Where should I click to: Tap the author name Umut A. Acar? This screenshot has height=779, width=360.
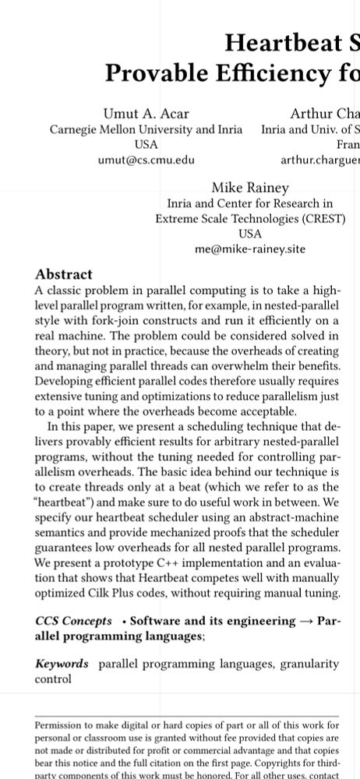coord(146,114)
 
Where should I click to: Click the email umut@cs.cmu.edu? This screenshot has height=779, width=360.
coord(146,160)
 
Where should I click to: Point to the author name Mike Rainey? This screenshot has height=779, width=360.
coord(249,188)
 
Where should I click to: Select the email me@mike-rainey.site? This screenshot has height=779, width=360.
coord(249,249)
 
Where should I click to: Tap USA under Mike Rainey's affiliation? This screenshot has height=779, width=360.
coord(249,234)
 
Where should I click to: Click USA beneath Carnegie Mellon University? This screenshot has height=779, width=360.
coord(146,145)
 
